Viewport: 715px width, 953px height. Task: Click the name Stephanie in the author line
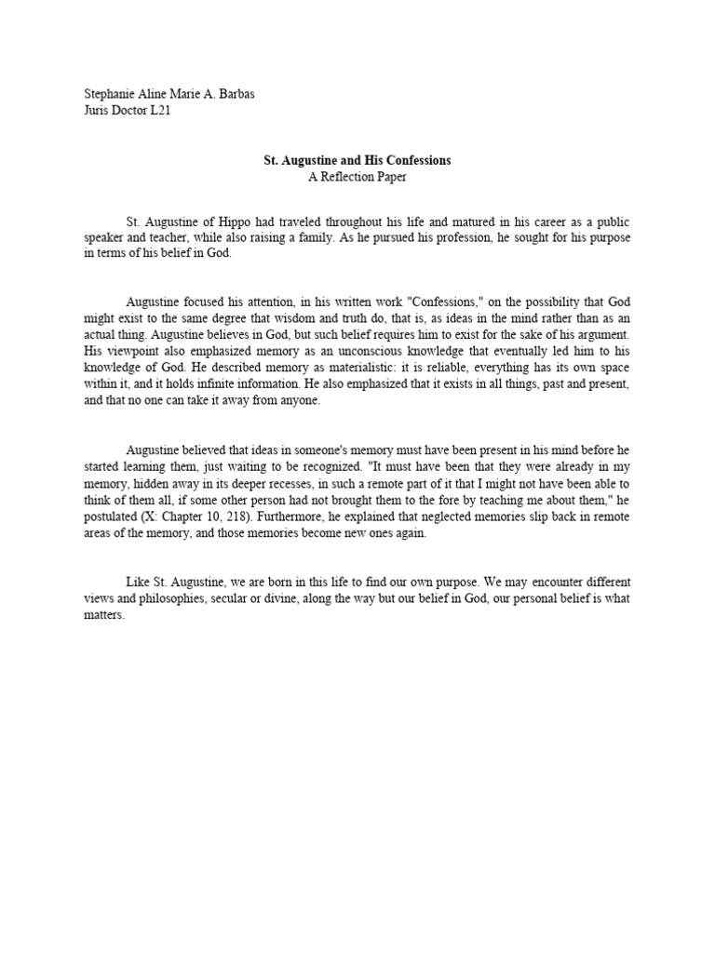pos(110,93)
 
